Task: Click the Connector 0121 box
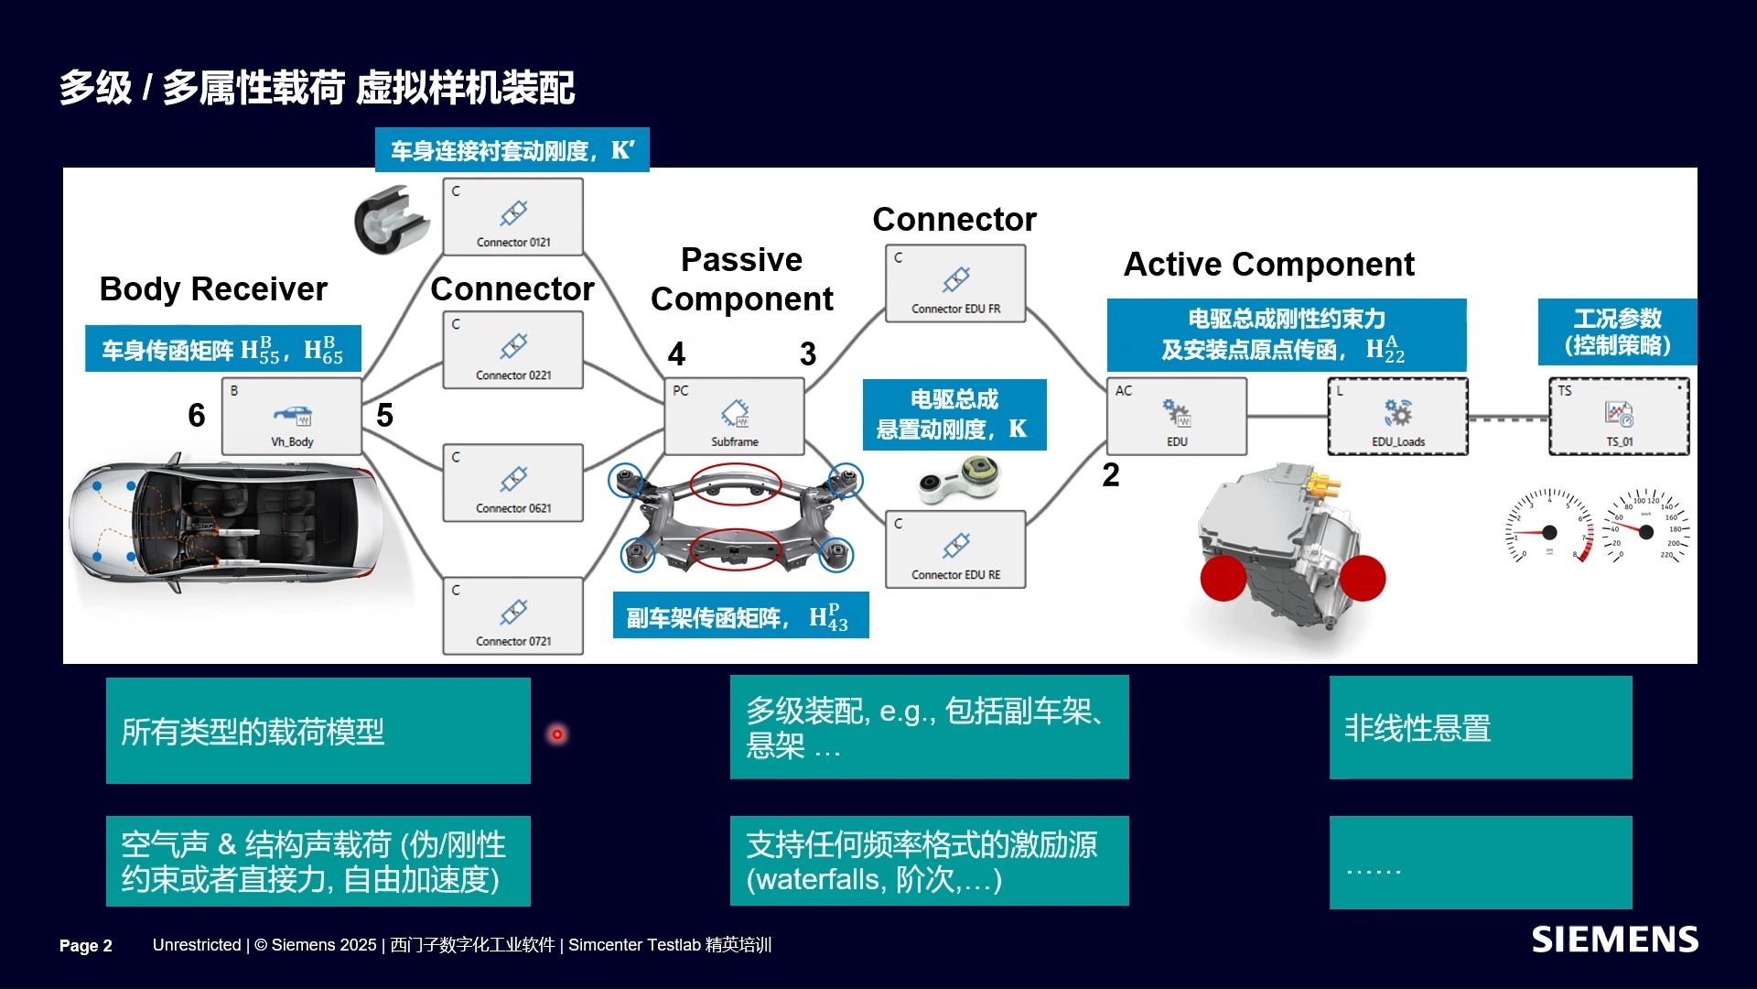point(512,217)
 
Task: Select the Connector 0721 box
point(512,615)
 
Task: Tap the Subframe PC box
point(734,417)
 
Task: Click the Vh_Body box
point(292,417)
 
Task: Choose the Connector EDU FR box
point(955,283)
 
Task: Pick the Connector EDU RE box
point(955,549)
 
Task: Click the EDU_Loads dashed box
point(1397,417)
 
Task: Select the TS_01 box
point(1618,417)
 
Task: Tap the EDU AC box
point(1176,417)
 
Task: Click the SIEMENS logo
point(1614,940)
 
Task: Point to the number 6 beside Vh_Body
point(196,416)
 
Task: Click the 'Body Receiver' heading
point(213,289)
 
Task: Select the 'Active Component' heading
point(1268,265)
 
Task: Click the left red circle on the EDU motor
point(1223,578)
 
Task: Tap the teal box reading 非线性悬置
point(1480,728)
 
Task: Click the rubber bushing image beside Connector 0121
point(391,221)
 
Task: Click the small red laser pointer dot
point(556,734)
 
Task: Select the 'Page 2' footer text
point(85,946)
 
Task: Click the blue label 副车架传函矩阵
point(739,617)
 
